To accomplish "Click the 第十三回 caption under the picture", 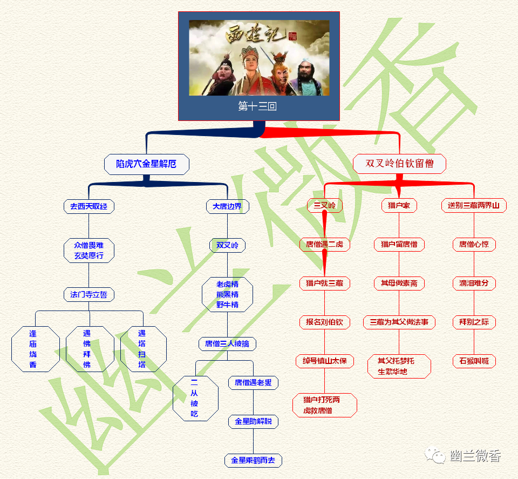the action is (257, 106).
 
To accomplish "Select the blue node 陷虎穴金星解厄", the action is (146, 164).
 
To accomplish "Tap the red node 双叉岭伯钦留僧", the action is (399, 163).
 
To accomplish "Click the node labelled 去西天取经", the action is (89, 206).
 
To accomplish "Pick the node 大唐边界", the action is (227, 206).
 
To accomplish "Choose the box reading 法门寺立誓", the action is (89, 295).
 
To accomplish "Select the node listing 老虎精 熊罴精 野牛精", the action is (227, 294).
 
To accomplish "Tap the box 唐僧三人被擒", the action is (227, 343).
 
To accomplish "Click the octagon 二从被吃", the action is (195, 398).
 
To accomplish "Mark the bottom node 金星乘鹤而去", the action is (253, 460).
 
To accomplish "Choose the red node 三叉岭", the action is (325, 205).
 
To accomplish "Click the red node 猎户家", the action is (399, 205).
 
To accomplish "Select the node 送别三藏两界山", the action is (474, 205).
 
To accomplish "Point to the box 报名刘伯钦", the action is (325, 322).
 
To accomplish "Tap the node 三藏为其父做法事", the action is (399, 322).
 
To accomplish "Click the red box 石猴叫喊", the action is (474, 361).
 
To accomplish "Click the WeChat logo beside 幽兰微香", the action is (435, 456).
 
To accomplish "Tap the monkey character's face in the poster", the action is (279, 64).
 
